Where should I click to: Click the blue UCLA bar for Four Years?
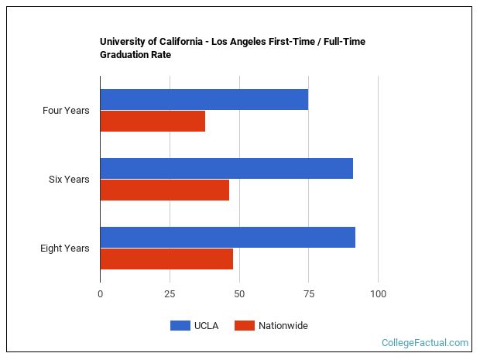(204, 99)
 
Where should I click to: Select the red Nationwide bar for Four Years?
(153, 122)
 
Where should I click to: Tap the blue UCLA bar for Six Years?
(226, 168)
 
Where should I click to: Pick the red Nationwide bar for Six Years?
(164, 190)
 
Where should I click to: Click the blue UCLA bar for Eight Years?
(228, 237)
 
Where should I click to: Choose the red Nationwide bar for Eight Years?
(166, 259)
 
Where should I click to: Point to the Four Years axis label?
(66, 111)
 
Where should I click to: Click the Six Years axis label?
(69, 180)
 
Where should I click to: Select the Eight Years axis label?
(65, 249)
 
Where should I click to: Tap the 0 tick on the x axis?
(100, 294)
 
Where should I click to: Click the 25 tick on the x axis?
(170, 294)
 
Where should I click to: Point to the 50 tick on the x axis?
(239, 294)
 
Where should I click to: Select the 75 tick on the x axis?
(308, 294)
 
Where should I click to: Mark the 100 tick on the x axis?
(378, 294)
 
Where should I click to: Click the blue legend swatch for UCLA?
(180, 326)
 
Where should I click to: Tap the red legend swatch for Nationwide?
(244, 326)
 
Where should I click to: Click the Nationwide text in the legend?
(283, 326)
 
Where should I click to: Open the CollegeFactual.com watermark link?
(425, 342)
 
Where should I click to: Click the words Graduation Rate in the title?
(135, 55)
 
